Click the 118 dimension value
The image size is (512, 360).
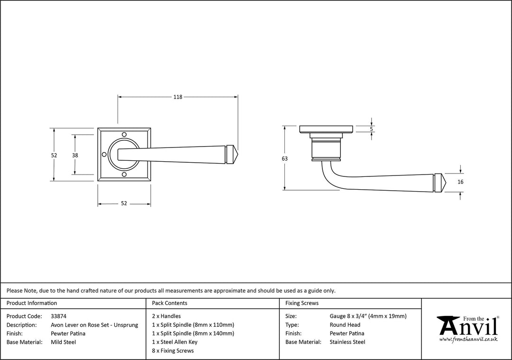[177, 97]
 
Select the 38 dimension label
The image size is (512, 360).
[75, 155]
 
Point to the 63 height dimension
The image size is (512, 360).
[284, 158]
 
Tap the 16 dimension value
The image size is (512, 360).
[460, 182]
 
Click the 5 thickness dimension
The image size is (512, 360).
[371, 129]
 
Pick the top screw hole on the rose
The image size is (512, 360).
[124, 135]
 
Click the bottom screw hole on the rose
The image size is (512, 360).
[124, 175]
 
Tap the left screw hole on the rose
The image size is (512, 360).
[104, 155]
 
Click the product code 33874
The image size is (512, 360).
[59, 316]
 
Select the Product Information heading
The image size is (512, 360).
[32, 303]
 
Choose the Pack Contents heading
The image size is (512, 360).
[169, 303]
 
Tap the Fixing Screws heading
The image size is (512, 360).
[302, 303]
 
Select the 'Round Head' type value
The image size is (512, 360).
[345, 325]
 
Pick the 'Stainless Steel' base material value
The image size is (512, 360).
[347, 342]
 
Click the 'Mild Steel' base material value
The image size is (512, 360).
[63, 342]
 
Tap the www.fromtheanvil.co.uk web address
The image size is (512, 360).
[468, 340]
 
